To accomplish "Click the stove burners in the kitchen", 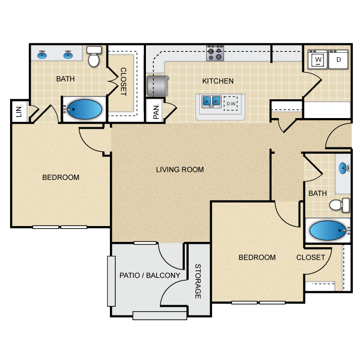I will coord(216,53).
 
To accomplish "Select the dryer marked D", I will coord(338,60).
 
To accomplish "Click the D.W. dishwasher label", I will coord(231,103).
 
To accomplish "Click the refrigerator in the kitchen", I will coord(157,85).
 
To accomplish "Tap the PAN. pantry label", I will coord(156,112).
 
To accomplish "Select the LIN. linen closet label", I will coord(19,111).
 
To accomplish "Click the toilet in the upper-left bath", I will coord(94,57).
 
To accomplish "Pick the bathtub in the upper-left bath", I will coord(84,109).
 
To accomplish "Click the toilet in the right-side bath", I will coord(340,205).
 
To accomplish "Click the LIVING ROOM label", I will coord(180,169).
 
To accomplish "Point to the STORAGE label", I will coord(198,281).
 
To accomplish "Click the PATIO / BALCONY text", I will coord(150,276).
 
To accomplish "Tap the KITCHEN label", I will coord(218,81).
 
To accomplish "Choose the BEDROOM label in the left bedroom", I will coord(61,177).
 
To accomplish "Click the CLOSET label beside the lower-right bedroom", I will coord(311,257).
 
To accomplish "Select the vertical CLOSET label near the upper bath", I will coord(123,82).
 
